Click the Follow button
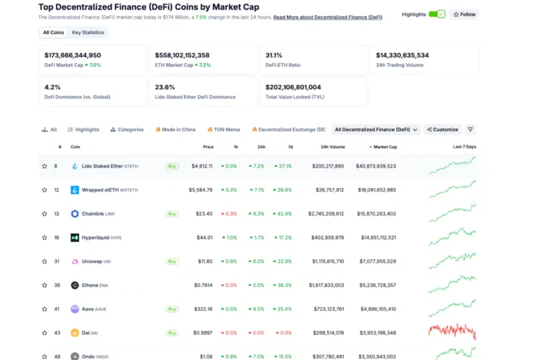(x=465, y=15)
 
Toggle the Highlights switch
(x=437, y=14)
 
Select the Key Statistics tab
(x=88, y=33)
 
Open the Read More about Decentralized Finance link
(x=327, y=17)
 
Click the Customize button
(x=442, y=129)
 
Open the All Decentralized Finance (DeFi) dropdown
(x=376, y=129)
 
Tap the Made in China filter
(x=175, y=129)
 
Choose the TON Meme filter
(x=224, y=129)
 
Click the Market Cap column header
(x=385, y=147)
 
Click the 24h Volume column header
(x=333, y=147)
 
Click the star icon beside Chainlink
(x=45, y=214)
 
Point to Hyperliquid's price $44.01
(x=204, y=237)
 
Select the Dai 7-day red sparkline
(x=452, y=331)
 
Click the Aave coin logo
(x=75, y=309)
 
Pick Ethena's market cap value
(x=377, y=285)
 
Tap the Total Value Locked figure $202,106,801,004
(x=293, y=87)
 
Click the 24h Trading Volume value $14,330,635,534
(x=402, y=55)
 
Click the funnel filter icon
(x=470, y=129)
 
